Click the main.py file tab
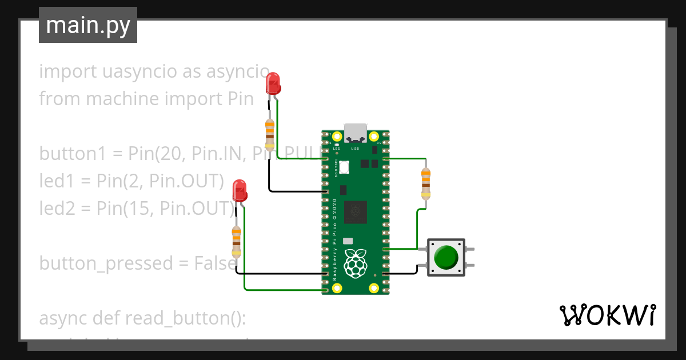pyautogui.click(x=87, y=25)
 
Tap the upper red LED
pyautogui.click(x=273, y=83)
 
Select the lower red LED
pyautogui.click(x=240, y=191)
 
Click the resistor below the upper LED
pyautogui.click(x=269, y=133)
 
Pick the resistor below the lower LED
pyautogui.click(x=236, y=241)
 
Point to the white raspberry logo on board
pyautogui.click(x=356, y=263)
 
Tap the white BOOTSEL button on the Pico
pyautogui.click(x=344, y=167)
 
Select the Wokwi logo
pyautogui.click(x=607, y=315)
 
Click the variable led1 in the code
pyautogui.click(x=55, y=181)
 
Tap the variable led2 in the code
pyautogui.click(x=56, y=208)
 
